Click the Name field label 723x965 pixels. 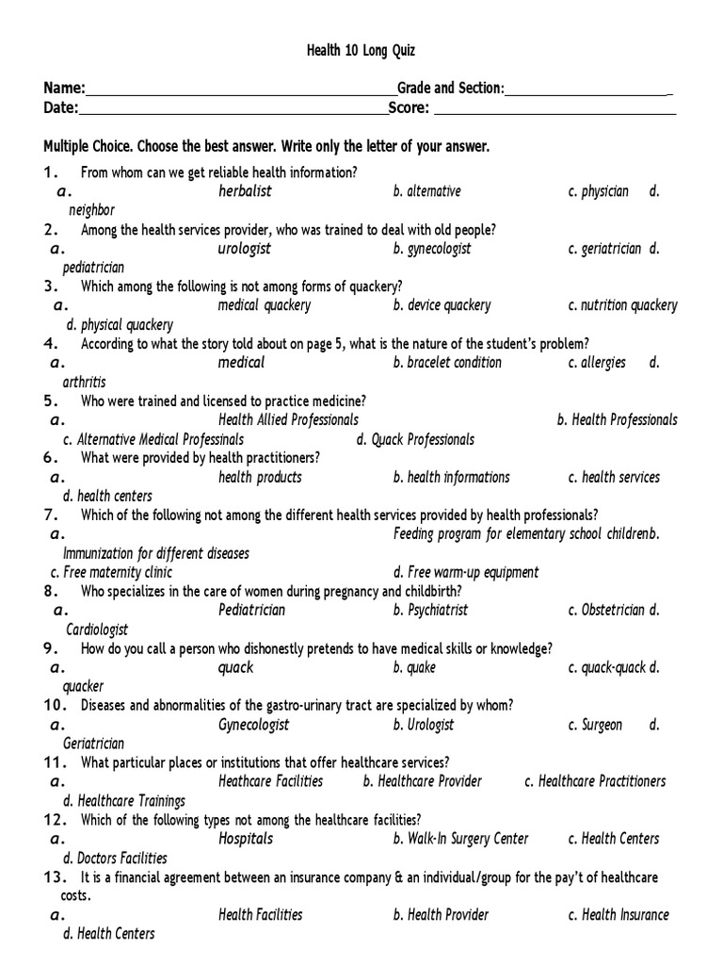(x=64, y=89)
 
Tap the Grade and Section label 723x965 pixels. (x=451, y=89)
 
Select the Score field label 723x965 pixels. (x=409, y=108)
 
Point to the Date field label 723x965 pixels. (x=60, y=108)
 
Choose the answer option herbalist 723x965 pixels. (x=245, y=191)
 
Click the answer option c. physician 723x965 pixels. (x=598, y=191)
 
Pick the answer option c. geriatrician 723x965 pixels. (x=604, y=249)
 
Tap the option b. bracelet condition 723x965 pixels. (x=447, y=363)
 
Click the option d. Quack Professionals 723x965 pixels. (x=415, y=439)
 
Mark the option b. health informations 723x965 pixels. (x=451, y=477)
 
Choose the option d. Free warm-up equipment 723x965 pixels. (x=466, y=572)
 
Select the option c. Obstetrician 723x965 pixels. (x=606, y=610)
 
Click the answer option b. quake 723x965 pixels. (x=414, y=667)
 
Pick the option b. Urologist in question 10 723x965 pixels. (x=423, y=725)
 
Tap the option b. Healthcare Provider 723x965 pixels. (x=422, y=781)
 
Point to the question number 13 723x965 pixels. (x=53, y=877)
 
